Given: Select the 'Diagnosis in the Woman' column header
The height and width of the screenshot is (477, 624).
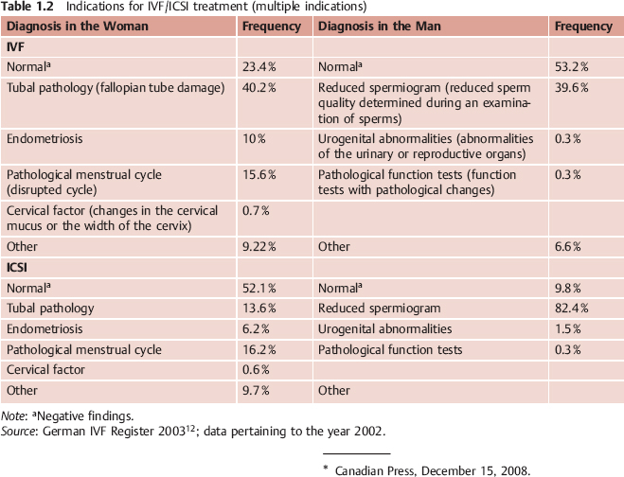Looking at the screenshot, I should (x=78, y=26).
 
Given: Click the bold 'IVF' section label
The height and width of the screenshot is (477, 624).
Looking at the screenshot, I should (x=16, y=46).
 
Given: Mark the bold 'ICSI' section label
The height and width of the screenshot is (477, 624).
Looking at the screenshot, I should (x=19, y=267).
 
